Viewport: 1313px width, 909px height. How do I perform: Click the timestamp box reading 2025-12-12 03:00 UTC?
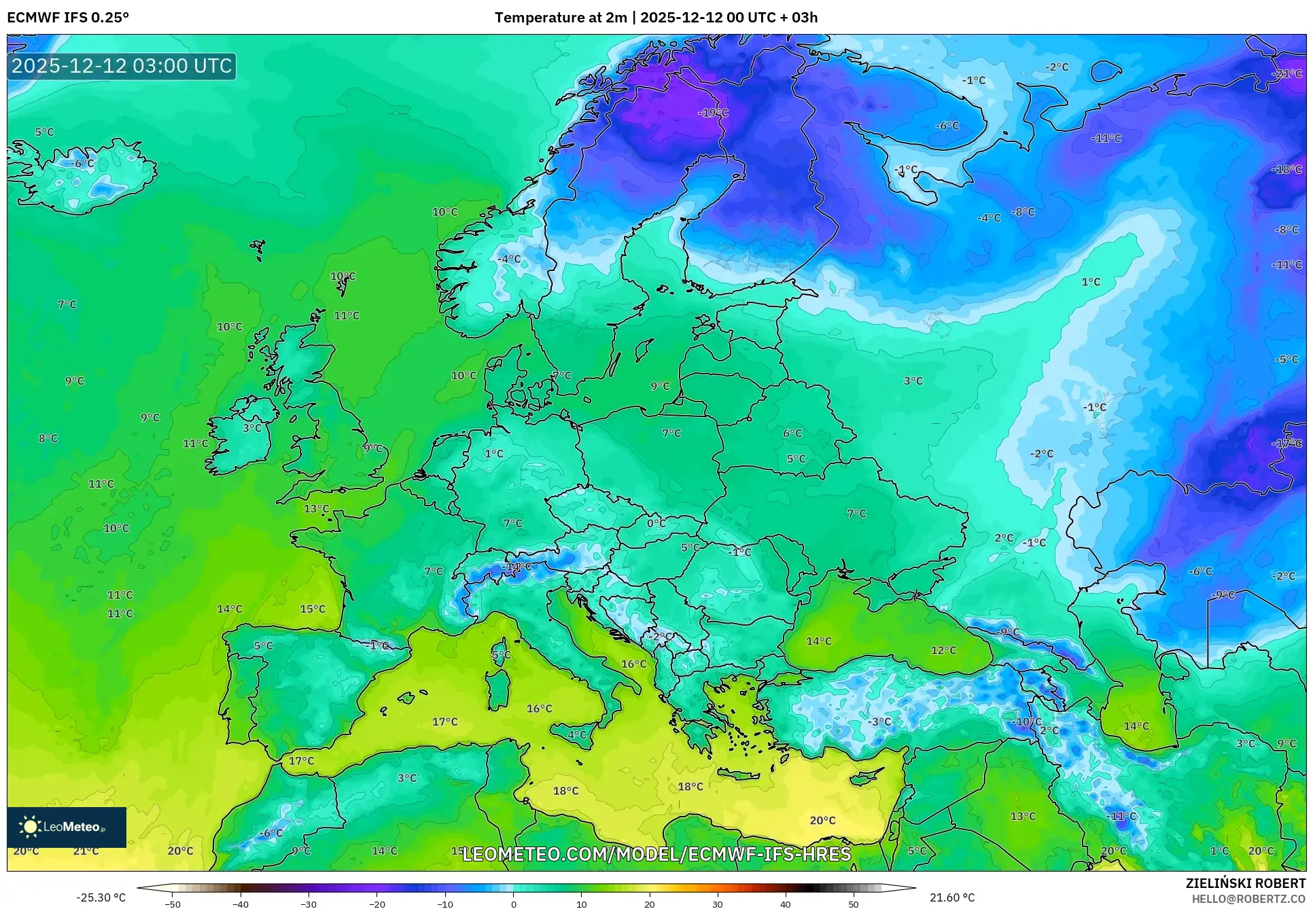click(x=122, y=66)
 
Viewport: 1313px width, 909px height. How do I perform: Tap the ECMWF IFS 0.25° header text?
click(x=68, y=18)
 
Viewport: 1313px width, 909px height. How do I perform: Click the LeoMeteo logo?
click(x=67, y=827)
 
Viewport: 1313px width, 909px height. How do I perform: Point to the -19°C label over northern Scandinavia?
click(x=713, y=113)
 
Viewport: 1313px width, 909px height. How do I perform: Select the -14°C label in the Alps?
click(x=517, y=567)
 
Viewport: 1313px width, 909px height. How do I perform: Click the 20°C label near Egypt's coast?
click(x=822, y=821)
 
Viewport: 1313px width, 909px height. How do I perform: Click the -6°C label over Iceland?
click(x=82, y=164)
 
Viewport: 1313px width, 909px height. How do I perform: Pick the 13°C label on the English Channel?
click(x=316, y=509)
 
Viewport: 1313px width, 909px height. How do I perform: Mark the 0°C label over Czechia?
click(x=656, y=524)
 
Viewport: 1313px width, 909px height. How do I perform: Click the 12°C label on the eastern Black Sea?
click(x=943, y=651)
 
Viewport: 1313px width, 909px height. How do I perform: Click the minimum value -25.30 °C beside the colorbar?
click(x=101, y=897)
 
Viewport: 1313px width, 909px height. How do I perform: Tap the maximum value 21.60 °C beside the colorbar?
click(x=952, y=897)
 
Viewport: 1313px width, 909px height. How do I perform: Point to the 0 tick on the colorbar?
click(x=514, y=904)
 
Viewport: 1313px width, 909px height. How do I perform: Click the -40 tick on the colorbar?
click(x=241, y=904)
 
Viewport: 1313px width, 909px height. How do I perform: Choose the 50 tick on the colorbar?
click(x=854, y=904)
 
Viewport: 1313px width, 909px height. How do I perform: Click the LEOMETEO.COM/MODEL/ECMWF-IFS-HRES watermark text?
click(x=656, y=854)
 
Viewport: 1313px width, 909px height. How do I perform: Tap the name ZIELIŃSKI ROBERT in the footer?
click(x=1246, y=883)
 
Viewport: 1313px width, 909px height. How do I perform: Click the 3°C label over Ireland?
click(x=252, y=428)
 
